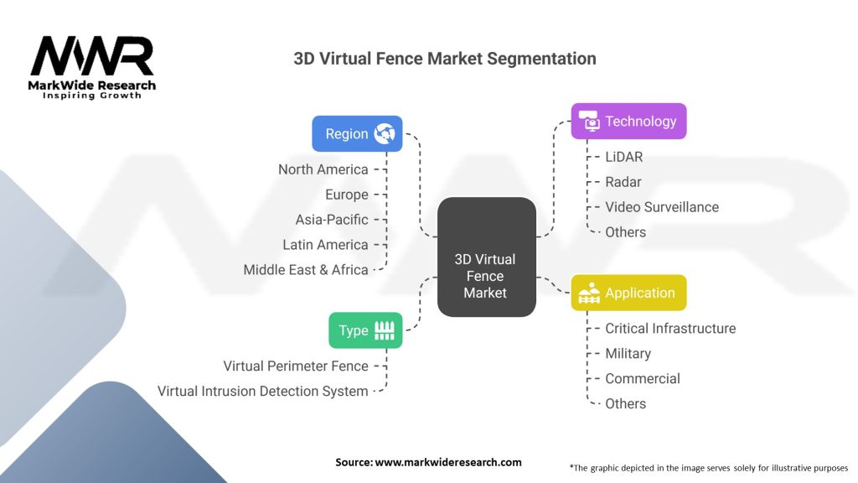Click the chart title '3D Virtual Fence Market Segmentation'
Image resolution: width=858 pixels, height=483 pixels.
click(444, 59)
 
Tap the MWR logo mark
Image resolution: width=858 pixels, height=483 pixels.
click(92, 56)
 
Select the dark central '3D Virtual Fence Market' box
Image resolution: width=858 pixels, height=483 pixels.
click(486, 257)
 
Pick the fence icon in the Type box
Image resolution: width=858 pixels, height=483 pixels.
click(384, 330)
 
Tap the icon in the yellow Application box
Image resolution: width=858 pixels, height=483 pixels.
click(588, 293)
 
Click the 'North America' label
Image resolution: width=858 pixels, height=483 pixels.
click(323, 169)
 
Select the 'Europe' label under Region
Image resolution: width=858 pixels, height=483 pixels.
click(347, 195)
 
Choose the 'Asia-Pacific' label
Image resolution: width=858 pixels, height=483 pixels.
click(332, 220)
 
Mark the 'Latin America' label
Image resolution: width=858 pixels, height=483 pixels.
click(325, 245)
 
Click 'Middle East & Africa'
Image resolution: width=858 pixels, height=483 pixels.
click(306, 270)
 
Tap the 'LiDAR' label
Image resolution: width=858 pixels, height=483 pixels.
click(624, 157)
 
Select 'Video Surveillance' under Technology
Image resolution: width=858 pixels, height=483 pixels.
click(662, 207)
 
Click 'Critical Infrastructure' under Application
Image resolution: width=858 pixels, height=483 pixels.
click(670, 329)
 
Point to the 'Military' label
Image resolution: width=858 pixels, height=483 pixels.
click(628, 354)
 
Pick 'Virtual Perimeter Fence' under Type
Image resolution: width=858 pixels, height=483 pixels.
click(296, 366)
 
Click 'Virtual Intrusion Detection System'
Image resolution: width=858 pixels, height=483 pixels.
click(263, 392)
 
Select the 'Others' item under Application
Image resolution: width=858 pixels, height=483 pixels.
click(625, 404)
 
